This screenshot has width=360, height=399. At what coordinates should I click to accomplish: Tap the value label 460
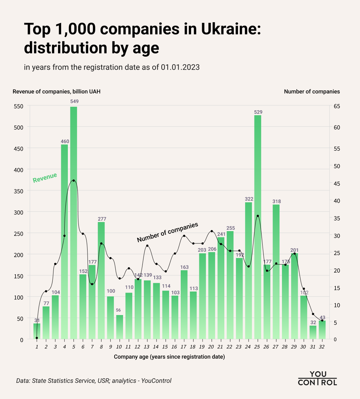point(65,142)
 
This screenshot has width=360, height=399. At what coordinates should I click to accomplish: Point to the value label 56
point(120,310)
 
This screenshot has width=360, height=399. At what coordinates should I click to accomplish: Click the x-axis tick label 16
point(174,347)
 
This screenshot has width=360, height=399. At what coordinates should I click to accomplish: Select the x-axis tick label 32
point(322,347)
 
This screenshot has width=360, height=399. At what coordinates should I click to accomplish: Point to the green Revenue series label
point(45,178)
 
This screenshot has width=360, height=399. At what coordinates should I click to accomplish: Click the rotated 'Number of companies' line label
point(168,232)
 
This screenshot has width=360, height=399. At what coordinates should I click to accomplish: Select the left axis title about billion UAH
point(57,92)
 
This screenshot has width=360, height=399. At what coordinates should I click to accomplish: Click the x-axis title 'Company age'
point(169,357)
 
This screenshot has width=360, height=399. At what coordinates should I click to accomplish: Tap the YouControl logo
point(317,378)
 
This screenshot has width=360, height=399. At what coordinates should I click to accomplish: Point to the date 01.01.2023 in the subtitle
point(180,67)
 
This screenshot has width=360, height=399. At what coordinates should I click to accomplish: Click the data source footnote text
point(94,381)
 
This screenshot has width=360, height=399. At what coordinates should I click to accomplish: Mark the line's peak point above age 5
point(73,181)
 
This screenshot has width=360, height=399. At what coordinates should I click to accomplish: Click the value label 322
point(249,199)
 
